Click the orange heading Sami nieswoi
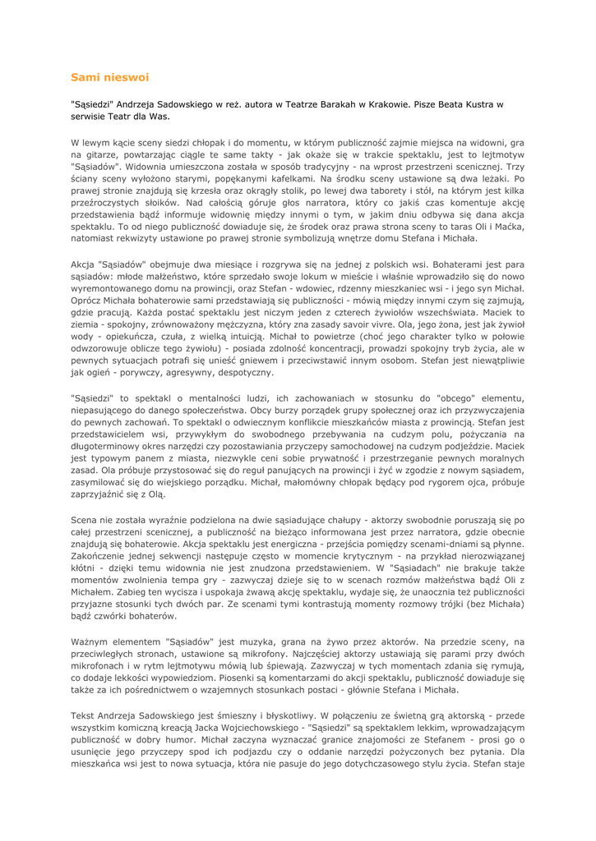pyautogui.click(x=109, y=77)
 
